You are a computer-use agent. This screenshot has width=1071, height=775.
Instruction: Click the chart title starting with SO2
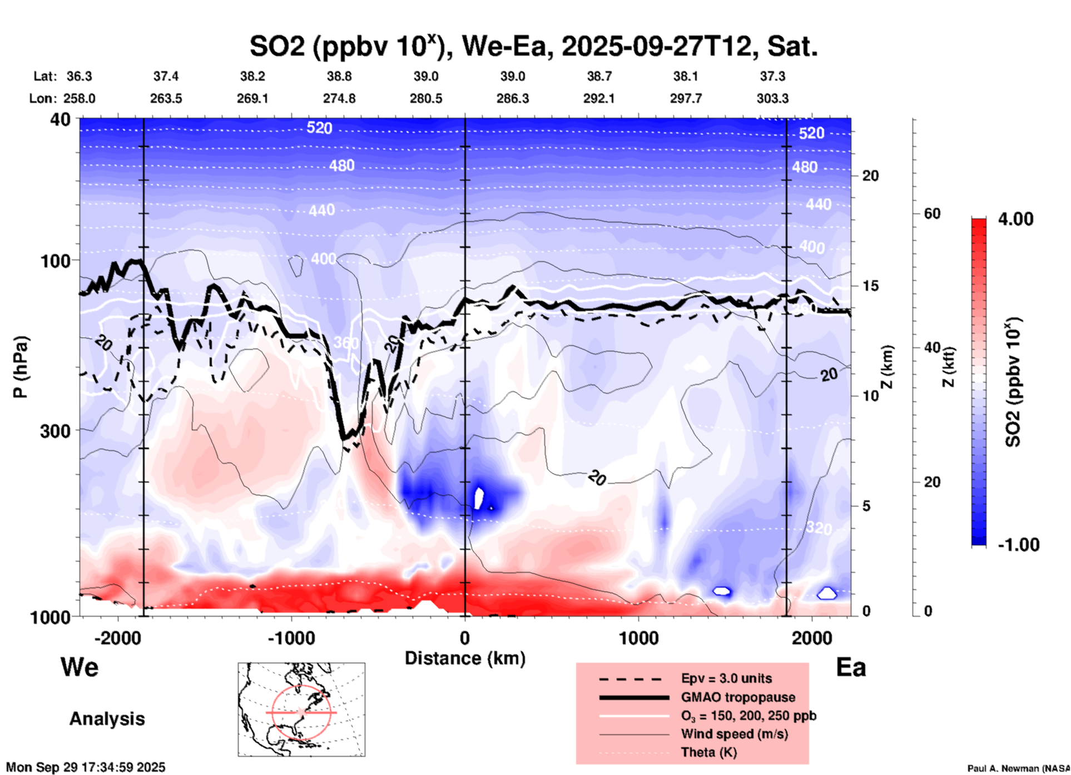(533, 46)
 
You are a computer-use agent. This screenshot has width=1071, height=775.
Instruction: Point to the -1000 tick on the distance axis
(291, 638)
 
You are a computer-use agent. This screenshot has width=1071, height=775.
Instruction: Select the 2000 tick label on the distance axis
(812, 638)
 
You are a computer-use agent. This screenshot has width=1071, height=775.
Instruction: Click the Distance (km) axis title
(465, 659)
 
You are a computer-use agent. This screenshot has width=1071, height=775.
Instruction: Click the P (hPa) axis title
(21, 367)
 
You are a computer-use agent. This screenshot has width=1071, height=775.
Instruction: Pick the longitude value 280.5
(426, 98)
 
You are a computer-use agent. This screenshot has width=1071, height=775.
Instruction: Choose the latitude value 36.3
(79, 76)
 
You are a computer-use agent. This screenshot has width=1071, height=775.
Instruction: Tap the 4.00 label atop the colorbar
(1015, 219)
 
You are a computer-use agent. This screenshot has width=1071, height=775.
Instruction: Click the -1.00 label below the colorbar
(1018, 545)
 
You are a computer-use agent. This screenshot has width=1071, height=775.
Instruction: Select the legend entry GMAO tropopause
(738, 697)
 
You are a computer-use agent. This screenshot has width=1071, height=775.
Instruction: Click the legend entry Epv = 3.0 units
(726, 678)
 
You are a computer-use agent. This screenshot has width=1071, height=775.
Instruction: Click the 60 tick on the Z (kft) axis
(932, 213)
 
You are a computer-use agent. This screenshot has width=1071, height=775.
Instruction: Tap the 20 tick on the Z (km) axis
(870, 176)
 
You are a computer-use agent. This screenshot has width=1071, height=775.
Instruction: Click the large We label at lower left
(80, 667)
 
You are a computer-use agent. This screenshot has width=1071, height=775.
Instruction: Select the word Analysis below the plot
(107, 719)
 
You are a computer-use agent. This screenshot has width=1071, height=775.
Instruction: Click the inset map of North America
(301, 709)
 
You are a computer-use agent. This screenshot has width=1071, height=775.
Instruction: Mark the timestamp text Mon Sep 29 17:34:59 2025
(86, 767)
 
